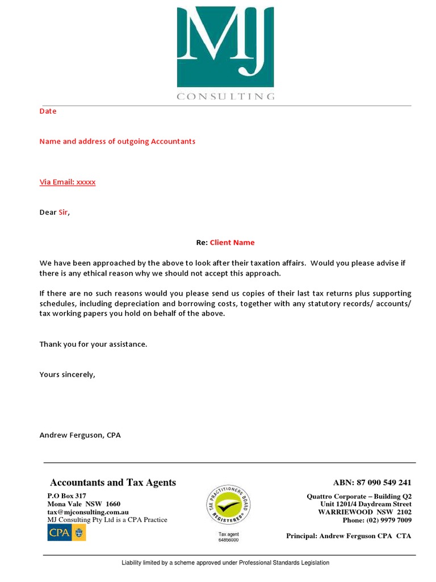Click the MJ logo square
225,47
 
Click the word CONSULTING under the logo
225,97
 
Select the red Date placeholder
48,111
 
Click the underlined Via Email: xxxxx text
67,182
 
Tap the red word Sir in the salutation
64,213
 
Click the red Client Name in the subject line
232,243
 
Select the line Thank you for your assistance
93,344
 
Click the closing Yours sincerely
67,375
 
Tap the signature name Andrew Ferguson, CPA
79,435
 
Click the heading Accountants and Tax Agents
113,483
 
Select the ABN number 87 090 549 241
385,483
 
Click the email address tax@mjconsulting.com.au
88,512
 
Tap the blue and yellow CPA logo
66,533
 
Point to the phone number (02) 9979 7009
389,520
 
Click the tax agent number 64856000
228,540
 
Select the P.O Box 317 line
66,496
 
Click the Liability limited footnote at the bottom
225,563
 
